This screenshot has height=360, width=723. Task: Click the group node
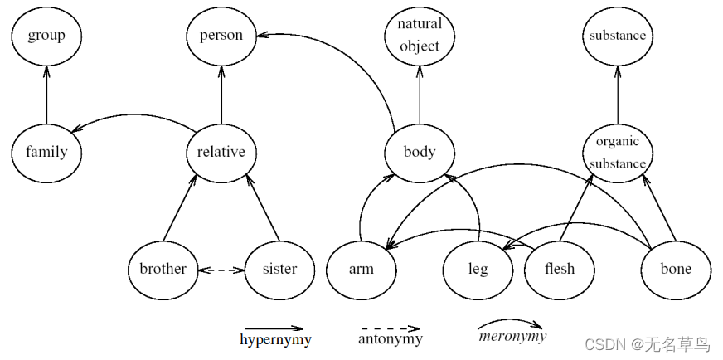tap(46, 36)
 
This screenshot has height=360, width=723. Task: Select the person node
tap(221, 36)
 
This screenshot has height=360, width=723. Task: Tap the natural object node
tap(420, 36)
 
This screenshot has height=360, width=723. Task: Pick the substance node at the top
tap(617, 36)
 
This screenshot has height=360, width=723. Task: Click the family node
tap(46, 152)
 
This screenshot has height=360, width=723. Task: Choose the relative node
tap(221, 152)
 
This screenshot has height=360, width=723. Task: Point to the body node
tap(420, 152)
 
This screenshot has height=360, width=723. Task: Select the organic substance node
tap(617, 152)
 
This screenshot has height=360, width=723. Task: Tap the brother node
tap(163, 269)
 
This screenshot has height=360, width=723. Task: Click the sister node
tap(280, 269)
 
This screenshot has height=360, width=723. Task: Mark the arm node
tap(361, 269)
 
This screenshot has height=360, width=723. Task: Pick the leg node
tap(478, 269)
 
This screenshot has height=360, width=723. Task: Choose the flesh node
tap(559, 269)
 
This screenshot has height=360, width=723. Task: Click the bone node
tap(676, 269)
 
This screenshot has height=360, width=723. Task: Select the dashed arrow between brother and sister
tap(221, 270)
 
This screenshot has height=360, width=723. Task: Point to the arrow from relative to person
tap(221, 94)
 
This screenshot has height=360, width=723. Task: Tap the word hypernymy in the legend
tap(275, 339)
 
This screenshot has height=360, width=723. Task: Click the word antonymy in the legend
tap(390, 339)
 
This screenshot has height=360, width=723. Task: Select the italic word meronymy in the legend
tap(512, 337)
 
